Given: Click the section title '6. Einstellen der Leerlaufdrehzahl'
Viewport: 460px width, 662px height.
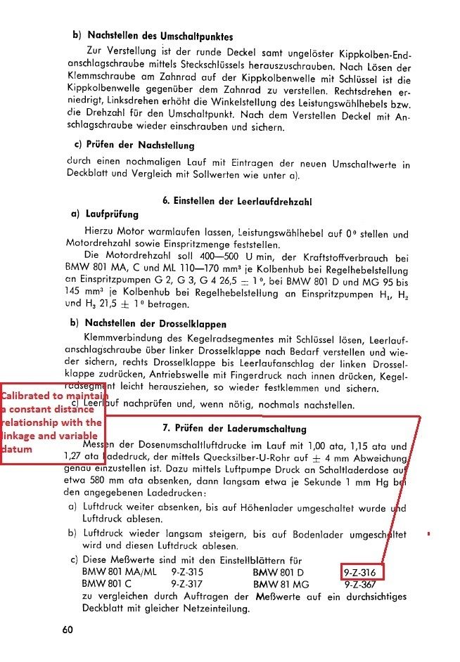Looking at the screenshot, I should [x=238, y=201].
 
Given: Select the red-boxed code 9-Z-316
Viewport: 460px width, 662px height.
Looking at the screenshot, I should [x=363, y=572].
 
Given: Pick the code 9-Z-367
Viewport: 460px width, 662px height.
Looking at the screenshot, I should [x=363, y=583].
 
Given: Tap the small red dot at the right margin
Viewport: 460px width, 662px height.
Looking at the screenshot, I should [x=428, y=534].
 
